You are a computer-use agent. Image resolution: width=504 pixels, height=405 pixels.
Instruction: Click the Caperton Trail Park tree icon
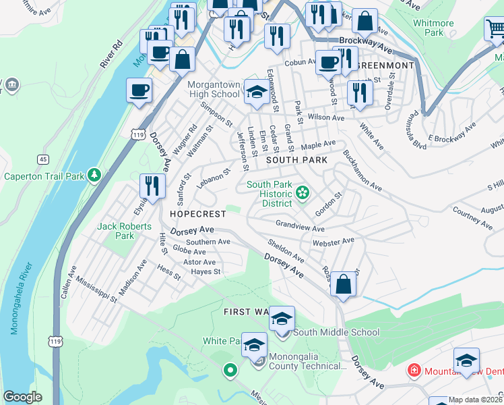(x=95, y=176)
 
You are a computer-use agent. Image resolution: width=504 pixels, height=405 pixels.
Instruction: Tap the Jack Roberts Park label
(x=125, y=231)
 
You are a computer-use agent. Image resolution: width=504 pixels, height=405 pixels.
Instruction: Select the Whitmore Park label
(x=433, y=28)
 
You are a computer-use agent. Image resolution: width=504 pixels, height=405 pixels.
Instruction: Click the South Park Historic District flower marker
(x=303, y=194)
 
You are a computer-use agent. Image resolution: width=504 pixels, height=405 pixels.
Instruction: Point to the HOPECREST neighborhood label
(x=197, y=213)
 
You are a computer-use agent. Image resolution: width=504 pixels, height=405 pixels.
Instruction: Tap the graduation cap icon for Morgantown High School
(x=255, y=93)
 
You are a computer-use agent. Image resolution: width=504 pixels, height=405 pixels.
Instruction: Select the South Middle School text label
(x=336, y=332)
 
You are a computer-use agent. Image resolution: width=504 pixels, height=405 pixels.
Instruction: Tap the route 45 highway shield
(x=43, y=159)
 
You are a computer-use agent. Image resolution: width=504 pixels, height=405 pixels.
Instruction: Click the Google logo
(x=22, y=397)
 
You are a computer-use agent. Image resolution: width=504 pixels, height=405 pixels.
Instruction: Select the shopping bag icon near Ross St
(x=344, y=283)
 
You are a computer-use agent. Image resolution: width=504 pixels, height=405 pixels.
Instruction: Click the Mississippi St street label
(x=96, y=290)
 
